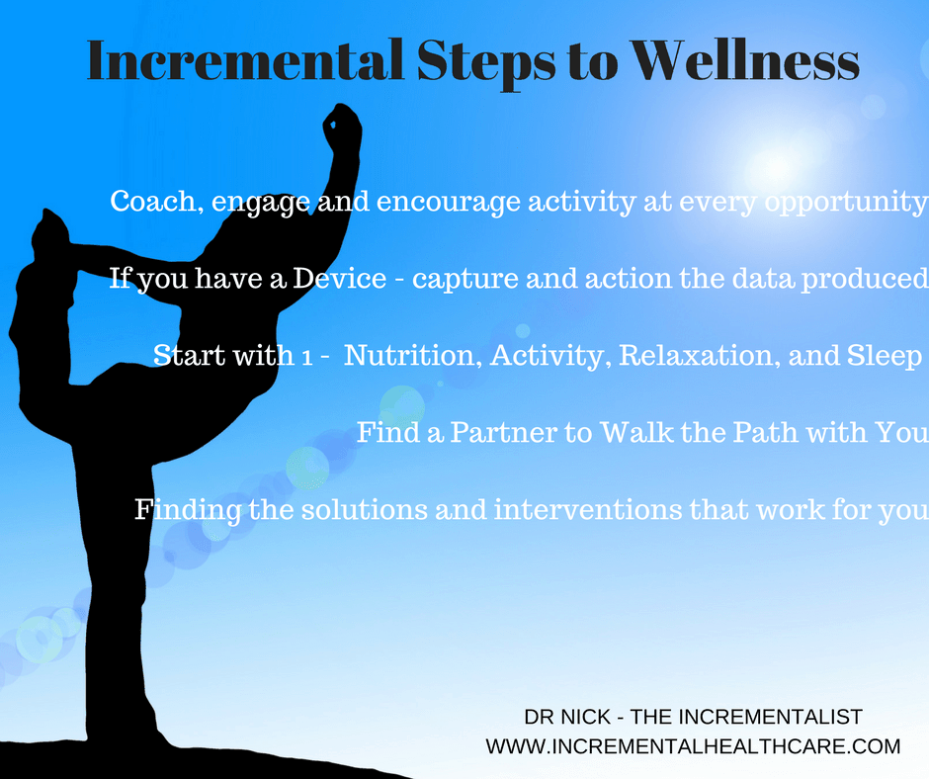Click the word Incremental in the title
[245, 60]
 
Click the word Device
[340, 278]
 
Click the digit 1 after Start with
[306, 358]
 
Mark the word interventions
[586, 509]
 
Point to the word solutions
[365, 509]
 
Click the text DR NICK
[567, 717]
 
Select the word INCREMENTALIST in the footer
[770, 717]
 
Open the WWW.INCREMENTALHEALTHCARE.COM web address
[693, 745]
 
